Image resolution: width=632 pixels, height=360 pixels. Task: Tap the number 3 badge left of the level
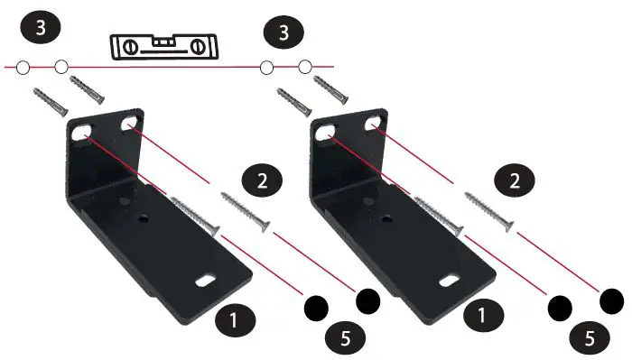coord(39,28)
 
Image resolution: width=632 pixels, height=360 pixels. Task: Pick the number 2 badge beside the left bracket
coord(263,179)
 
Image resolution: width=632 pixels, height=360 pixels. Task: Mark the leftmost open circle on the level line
coord(24,66)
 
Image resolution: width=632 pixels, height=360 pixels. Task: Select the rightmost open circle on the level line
coord(304,66)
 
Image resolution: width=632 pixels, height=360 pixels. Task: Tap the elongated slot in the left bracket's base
coord(206,281)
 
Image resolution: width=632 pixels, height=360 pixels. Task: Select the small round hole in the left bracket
coord(142,218)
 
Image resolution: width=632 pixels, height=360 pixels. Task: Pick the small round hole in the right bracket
coord(386,218)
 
